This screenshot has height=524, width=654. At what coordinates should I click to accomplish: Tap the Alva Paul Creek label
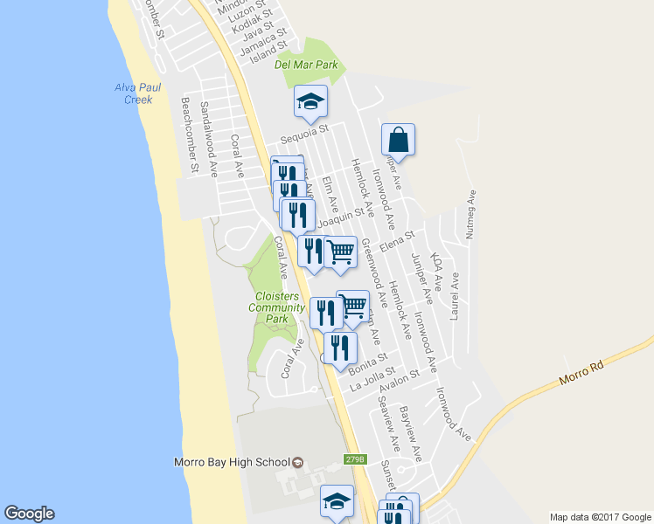(133, 93)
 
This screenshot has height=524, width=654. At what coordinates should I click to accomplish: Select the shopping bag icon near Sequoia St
(398, 140)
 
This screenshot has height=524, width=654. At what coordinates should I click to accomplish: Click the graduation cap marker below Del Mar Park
(310, 102)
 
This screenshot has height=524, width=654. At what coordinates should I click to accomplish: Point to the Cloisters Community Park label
(276, 307)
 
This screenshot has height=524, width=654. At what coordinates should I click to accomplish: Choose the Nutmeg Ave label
(474, 216)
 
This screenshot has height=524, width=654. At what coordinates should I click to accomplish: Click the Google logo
(29, 514)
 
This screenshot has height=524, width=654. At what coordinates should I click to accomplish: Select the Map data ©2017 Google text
(600, 517)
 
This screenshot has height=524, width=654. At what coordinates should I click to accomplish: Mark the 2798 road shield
(354, 459)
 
